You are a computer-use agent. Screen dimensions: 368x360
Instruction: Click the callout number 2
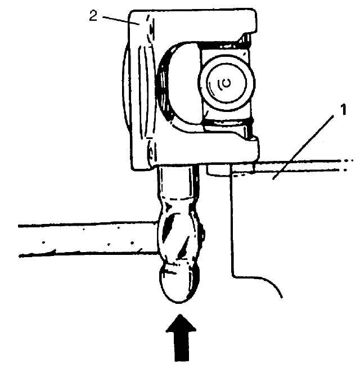coord(93,15)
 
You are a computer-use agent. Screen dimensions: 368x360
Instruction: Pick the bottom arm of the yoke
coord(197,155)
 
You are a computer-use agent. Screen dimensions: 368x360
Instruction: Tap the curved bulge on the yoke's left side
coord(126,84)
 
